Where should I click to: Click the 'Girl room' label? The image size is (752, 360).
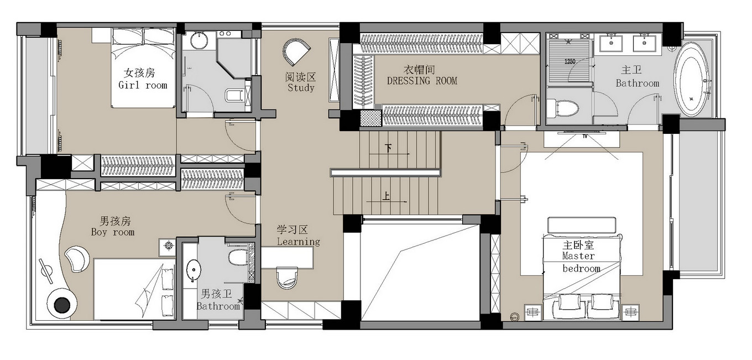(143, 85)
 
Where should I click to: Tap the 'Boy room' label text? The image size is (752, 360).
(113, 232)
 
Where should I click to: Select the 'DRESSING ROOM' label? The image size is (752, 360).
(422, 81)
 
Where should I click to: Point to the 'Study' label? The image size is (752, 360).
(301, 87)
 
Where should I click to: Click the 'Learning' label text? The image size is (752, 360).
(298, 242)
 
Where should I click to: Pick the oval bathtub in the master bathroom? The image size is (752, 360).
(692, 79)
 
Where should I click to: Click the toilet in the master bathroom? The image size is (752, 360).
(564, 108)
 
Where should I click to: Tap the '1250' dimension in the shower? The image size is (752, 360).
(570, 61)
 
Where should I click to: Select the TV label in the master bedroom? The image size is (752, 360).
(584, 135)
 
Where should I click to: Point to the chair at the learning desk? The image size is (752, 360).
(286, 278)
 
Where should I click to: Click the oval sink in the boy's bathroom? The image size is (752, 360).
(194, 269)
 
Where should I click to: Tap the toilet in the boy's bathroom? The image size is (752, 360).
(238, 257)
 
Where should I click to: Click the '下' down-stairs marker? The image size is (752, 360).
(388, 148)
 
